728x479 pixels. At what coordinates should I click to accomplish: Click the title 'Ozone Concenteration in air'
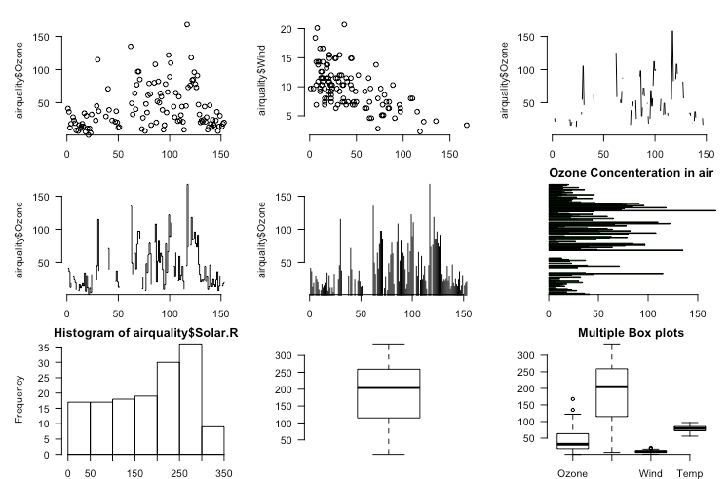click(x=632, y=173)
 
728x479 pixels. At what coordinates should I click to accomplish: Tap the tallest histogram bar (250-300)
click(x=190, y=399)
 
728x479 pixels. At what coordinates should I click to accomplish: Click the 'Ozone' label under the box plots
click(x=572, y=474)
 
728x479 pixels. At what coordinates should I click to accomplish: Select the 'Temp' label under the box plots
click(x=691, y=474)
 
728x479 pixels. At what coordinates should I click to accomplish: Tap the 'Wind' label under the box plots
click(x=651, y=474)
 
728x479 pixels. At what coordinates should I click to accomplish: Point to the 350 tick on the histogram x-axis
click(x=224, y=474)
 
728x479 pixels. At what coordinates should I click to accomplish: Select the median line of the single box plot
click(x=389, y=387)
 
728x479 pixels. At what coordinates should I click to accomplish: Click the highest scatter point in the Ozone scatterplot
click(x=187, y=24)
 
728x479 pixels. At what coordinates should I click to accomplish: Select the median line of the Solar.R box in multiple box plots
click(x=612, y=387)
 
